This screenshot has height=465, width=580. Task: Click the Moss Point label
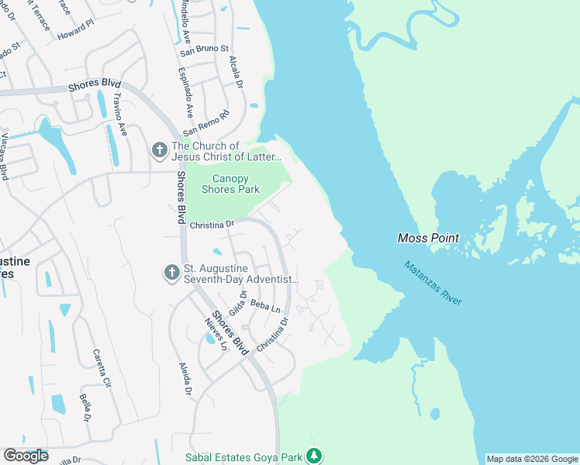(428, 238)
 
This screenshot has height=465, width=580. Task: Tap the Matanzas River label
(433, 283)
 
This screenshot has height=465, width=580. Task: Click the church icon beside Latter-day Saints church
(160, 150)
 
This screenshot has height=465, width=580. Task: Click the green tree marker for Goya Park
(314, 456)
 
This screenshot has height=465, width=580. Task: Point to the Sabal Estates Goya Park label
(243, 458)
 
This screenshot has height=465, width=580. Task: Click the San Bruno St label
(205, 50)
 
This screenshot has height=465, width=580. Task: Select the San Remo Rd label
(206, 122)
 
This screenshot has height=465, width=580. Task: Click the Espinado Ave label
(188, 91)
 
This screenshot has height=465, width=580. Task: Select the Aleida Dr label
(185, 378)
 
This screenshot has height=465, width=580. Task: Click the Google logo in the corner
(26, 456)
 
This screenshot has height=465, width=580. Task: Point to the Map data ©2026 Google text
(532, 459)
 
